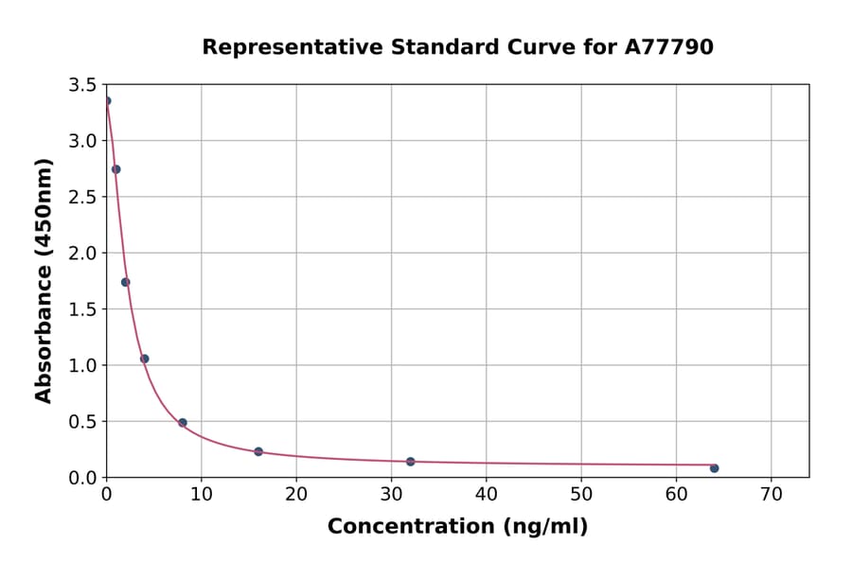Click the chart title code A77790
point(669,47)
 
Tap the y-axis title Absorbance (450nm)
point(44,280)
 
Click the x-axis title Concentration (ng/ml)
point(457,527)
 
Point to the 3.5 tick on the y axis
point(82,85)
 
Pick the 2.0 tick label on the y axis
point(82,254)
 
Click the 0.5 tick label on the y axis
point(82,422)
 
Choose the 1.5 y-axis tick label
point(82,309)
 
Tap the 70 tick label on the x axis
point(771,495)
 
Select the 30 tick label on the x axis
point(391,495)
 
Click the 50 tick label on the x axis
point(581,495)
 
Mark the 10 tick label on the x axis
point(201,495)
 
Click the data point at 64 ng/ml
point(714,468)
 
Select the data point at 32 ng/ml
point(410,462)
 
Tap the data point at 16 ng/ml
point(258,451)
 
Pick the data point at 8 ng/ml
point(182,423)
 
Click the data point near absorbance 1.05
point(144,359)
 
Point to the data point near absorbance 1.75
point(125,282)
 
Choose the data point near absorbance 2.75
point(115,169)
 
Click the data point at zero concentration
point(107,101)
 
